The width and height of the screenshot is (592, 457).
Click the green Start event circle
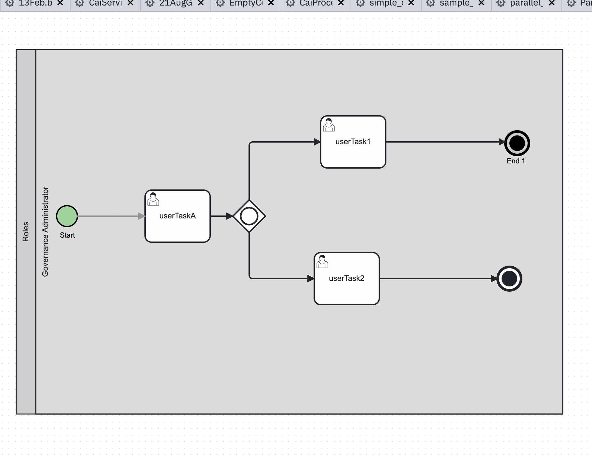click(x=67, y=216)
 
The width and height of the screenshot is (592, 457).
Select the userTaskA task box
click(x=178, y=225)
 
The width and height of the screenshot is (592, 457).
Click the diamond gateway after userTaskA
click(x=249, y=216)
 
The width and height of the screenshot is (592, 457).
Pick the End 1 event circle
click(x=517, y=143)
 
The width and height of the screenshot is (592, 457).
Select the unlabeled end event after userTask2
click(x=509, y=279)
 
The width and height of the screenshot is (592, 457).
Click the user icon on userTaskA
click(x=153, y=199)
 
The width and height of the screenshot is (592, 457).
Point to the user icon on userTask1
click(x=329, y=125)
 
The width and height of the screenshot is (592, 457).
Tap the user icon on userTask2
click(x=322, y=262)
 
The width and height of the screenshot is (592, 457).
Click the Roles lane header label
click(x=26, y=231)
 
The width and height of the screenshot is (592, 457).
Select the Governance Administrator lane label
click(x=45, y=231)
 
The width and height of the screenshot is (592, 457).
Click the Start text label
click(x=67, y=235)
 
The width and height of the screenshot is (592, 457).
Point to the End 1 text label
click(x=516, y=161)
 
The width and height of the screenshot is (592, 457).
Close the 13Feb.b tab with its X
click(x=60, y=3)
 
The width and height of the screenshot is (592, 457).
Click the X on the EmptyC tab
click(x=271, y=3)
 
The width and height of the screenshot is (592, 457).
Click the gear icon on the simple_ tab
click(x=360, y=3)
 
